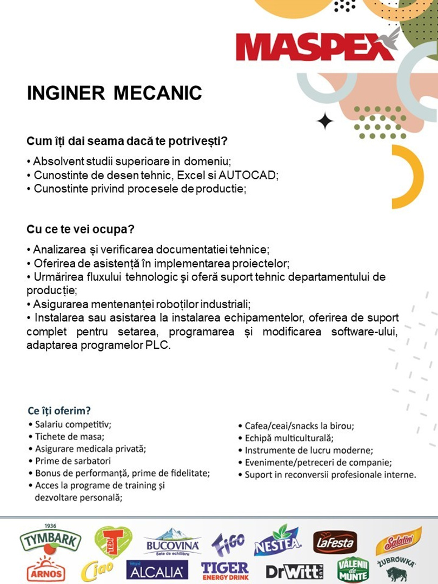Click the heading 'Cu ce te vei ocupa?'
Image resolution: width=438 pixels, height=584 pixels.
[x=81, y=229]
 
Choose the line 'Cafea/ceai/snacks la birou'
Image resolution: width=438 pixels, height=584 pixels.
[x=299, y=426]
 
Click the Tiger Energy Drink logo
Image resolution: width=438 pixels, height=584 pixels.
[x=225, y=570]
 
